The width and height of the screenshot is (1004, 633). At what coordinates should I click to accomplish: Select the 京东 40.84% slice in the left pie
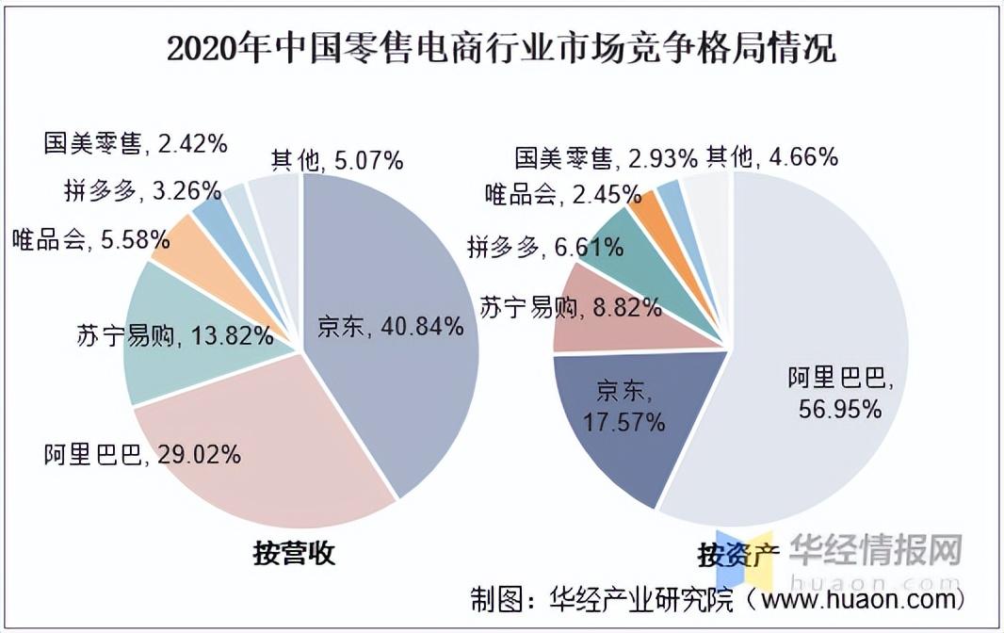396,283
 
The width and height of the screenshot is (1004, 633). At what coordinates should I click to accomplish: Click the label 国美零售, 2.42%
136,144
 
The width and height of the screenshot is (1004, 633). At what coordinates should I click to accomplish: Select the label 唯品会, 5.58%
91,240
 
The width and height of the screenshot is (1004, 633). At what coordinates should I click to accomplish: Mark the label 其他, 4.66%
771,156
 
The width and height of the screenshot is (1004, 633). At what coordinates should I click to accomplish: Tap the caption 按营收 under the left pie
294,553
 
